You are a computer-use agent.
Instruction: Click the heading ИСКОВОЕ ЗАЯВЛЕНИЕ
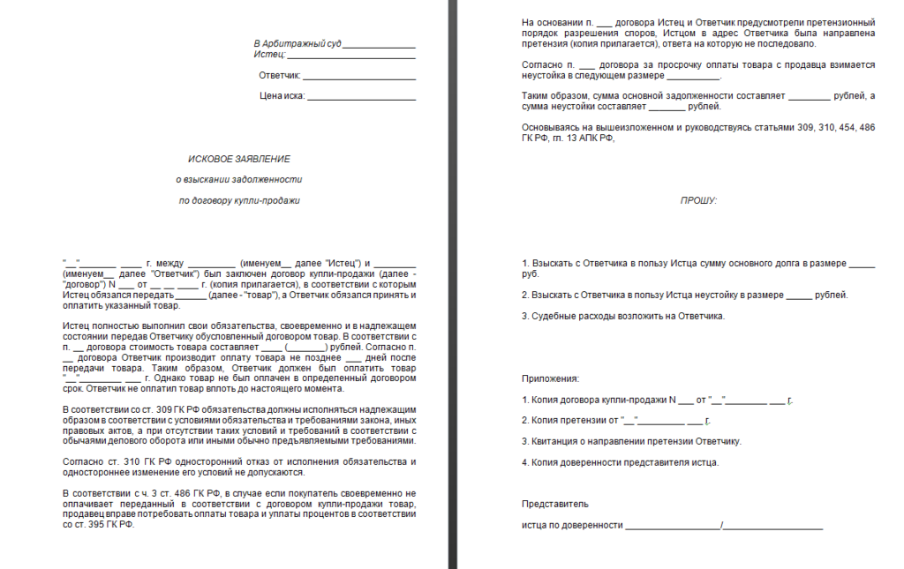click(238, 159)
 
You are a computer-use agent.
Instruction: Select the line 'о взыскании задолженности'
click(238, 180)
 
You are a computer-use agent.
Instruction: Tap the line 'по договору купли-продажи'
click(239, 200)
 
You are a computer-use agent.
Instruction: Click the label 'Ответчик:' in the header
click(280, 76)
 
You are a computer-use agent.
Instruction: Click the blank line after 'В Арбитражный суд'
click(379, 44)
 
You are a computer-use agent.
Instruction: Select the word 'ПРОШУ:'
click(698, 200)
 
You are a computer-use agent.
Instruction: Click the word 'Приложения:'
click(551, 378)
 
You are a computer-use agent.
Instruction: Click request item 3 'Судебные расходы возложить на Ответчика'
click(623, 316)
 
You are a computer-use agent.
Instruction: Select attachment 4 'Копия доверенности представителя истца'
click(620, 462)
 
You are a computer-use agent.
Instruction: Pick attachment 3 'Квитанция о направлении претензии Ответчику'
click(631, 441)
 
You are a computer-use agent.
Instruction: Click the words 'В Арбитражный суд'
click(297, 43)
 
